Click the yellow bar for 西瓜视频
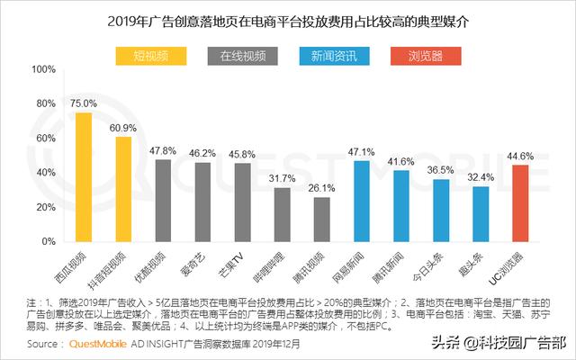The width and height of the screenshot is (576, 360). click(84, 177)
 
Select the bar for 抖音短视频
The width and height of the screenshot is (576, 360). click(123, 190)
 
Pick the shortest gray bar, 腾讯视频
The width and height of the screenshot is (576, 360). click(321, 220)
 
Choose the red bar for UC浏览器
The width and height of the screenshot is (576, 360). click(519, 204)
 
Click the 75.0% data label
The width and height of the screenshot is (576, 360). click(84, 103)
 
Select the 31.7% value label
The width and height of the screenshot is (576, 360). click(282, 178)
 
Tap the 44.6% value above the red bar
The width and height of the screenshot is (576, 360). click(519, 156)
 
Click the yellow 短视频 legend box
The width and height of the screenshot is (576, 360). click(150, 58)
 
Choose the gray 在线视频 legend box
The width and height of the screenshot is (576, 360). click(243, 58)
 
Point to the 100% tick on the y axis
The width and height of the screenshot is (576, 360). click(43, 69)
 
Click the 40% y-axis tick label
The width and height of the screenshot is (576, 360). click(46, 174)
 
